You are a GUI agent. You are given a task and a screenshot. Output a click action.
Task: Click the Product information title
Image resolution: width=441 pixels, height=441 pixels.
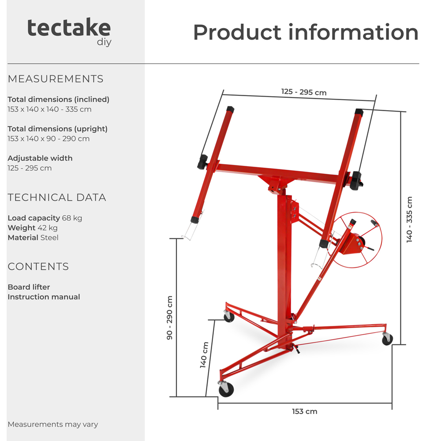coord(306,32)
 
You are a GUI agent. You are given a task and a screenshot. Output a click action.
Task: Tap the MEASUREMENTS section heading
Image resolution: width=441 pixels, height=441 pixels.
coord(56,79)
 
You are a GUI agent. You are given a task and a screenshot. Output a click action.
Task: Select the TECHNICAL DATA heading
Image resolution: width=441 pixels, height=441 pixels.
coord(57,198)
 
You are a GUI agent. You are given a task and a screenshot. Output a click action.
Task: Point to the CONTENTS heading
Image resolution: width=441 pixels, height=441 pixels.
coord(38,266)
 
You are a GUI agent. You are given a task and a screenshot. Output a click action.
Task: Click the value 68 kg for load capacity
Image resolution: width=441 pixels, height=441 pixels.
coord(72,218)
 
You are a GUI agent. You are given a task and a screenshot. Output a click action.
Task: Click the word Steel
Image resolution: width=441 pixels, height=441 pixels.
coord(49,238)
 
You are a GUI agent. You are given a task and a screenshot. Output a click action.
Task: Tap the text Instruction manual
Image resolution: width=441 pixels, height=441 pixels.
coord(44,297)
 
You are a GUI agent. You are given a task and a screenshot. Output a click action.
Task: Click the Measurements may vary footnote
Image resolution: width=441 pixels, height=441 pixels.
coord(53,424)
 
